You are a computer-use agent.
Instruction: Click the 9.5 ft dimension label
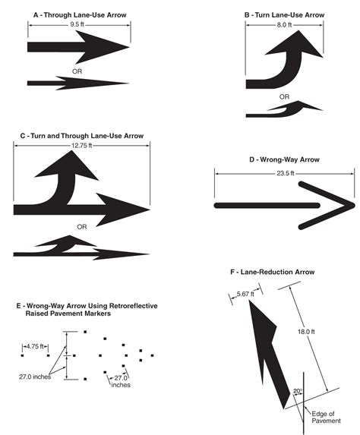click(x=77, y=24)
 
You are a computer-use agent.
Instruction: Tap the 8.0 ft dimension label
click(x=284, y=25)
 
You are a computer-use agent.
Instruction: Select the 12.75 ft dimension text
click(x=81, y=145)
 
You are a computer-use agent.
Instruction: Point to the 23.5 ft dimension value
click(x=286, y=173)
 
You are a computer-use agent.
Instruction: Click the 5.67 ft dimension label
click(x=245, y=294)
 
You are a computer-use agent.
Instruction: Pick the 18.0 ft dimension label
click(x=306, y=332)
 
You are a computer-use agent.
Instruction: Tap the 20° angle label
click(x=298, y=391)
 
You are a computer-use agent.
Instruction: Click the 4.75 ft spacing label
click(x=35, y=346)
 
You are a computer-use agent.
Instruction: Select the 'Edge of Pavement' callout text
click(x=326, y=418)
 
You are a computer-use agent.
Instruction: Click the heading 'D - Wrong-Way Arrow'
click(x=284, y=159)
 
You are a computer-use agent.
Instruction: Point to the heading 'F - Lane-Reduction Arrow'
click(x=273, y=272)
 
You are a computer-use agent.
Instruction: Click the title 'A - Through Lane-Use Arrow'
click(x=80, y=15)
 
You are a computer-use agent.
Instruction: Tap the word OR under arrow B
click(x=284, y=97)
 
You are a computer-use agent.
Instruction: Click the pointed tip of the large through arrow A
click(x=129, y=47)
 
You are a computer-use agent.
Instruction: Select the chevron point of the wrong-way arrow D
click(x=354, y=206)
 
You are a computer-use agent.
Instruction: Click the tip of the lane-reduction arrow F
click(x=249, y=301)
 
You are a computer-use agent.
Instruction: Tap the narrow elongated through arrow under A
click(x=78, y=83)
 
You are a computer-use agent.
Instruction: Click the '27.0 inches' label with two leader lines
click(x=35, y=377)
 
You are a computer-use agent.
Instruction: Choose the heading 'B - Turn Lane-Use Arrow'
click(x=284, y=15)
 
